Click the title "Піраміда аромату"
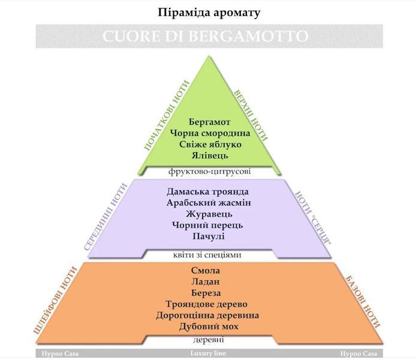[x=209, y=13]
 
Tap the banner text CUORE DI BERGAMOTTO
[x=206, y=36]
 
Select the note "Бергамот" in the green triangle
[x=209, y=122]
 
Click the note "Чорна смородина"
[x=210, y=133]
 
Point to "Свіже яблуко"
[x=210, y=144]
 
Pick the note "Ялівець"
[x=210, y=155]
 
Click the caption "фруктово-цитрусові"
[x=209, y=172]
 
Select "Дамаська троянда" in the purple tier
[x=208, y=191]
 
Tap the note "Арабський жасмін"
[x=209, y=203]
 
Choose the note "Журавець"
[x=209, y=214]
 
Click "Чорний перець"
[x=207, y=225]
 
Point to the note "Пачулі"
[x=209, y=236]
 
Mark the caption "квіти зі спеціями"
[x=207, y=255]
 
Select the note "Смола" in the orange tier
[x=206, y=271]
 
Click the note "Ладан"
[x=206, y=281]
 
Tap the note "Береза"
[x=206, y=293]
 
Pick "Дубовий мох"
[x=209, y=326]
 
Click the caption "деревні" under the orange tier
[x=209, y=340]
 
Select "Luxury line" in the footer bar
[x=208, y=353]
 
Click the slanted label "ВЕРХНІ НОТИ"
[x=251, y=116]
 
